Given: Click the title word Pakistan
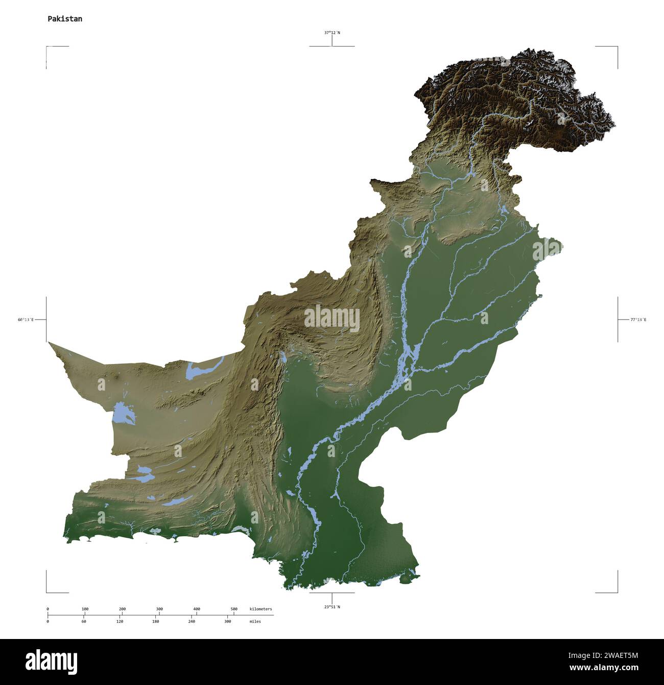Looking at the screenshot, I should tap(65, 19).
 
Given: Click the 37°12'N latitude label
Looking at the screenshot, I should tap(332, 33).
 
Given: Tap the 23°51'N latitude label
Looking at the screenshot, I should tap(332, 607).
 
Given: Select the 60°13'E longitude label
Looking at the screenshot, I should tap(26, 319).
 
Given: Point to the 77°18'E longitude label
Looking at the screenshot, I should tap(638, 319).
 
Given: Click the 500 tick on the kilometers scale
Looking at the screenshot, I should tap(234, 609).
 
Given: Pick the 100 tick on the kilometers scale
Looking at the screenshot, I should tap(85, 609).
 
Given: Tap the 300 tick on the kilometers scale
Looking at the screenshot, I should tap(159, 609).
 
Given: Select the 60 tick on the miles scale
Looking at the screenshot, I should tap(84, 622).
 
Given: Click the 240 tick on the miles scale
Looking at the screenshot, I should tap(192, 622).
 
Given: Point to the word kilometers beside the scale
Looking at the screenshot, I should tap(260, 609).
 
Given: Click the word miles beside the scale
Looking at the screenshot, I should tap(255, 622).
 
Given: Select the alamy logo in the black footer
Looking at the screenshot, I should tap(52, 661).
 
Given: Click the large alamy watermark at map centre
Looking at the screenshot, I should tap(332, 318).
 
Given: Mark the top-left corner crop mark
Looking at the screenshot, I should tap(47, 47).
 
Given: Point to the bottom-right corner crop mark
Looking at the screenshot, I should tap(617, 592).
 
